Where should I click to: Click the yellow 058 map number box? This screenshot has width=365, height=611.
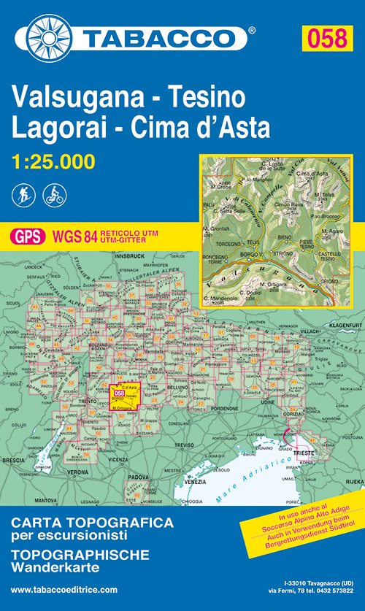(x=326, y=37)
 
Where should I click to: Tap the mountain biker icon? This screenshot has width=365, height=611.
(x=54, y=195)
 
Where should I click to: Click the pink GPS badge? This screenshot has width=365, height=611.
(x=27, y=236)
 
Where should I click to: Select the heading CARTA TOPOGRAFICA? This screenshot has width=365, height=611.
(x=93, y=523)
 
